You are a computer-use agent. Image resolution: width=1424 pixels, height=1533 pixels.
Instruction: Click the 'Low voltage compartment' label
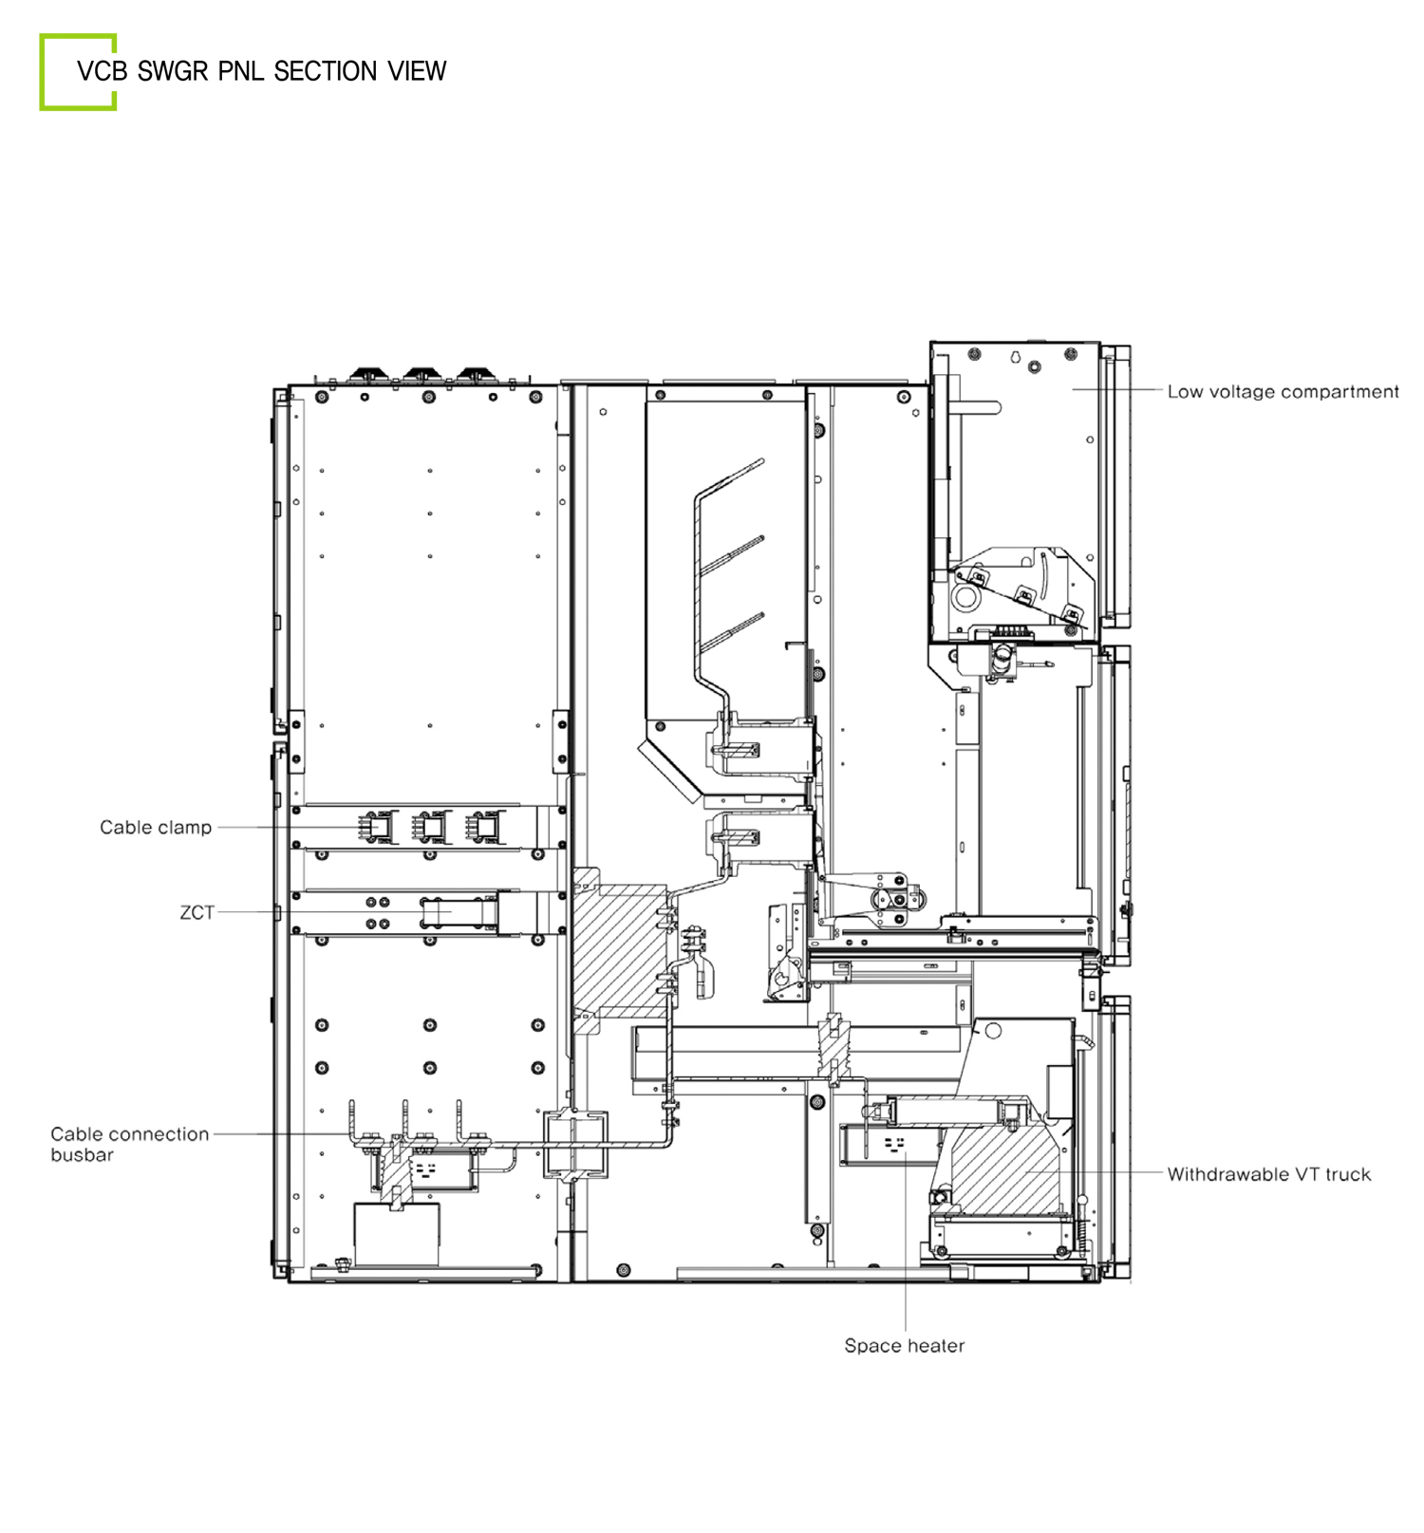(1283, 392)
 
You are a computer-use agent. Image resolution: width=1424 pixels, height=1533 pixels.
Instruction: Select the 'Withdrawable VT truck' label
(1269, 1174)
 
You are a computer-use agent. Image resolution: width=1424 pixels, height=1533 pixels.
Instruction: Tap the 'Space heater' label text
(904, 1345)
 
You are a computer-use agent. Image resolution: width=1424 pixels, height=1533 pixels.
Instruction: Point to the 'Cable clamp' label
(156, 827)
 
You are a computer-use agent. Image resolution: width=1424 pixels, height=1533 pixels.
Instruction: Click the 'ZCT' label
(197, 912)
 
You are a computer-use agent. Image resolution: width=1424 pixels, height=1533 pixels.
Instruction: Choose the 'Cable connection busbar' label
(129, 1144)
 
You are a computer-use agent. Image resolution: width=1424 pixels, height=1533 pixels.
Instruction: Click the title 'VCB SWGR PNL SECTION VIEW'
(261, 71)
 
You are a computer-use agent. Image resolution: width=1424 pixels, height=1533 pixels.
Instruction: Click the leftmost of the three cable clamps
(377, 828)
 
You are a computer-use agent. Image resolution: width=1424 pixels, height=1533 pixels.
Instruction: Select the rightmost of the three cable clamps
(485, 828)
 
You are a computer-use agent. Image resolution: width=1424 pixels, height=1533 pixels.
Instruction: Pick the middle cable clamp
(431, 828)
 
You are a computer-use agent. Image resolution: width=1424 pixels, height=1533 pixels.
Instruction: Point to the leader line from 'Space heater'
(906, 1240)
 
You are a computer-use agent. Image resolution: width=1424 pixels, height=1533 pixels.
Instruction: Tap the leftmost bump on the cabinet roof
(365, 375)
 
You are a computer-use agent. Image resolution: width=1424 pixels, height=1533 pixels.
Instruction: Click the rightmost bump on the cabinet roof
(472, 375)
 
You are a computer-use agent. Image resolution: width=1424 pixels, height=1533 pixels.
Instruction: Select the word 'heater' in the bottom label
(935, 1345)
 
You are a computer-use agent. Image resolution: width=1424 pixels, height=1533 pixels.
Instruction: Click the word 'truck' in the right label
(1348, 1174)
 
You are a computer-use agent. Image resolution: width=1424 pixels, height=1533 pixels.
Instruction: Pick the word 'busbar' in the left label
(82, 1155)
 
